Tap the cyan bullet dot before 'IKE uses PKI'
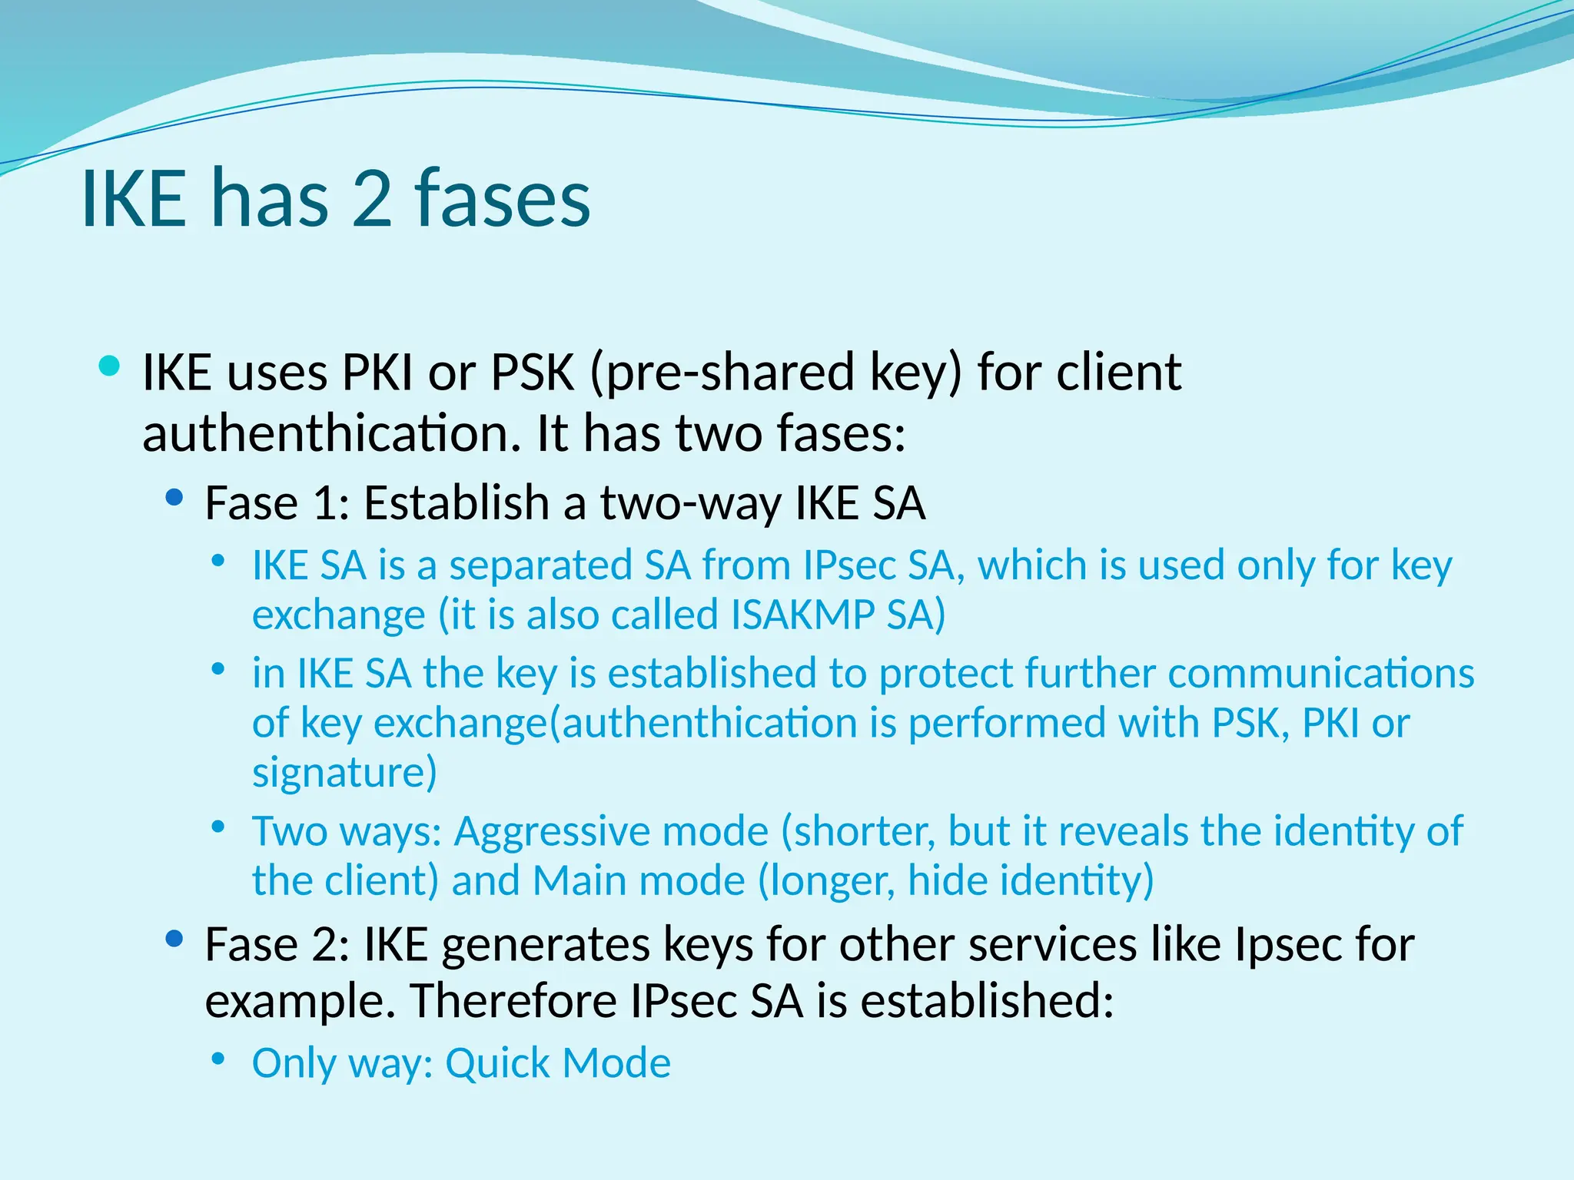[x=110, y=366]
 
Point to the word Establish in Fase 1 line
[x=457, y=503]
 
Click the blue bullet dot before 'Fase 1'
[x=174, y=498]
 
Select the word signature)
[x=344, y=773]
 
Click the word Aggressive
[x=611, y=831]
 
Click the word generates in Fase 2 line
[x=546, y=945]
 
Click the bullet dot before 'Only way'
[x=218, y=1059]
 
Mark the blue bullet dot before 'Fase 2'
[x=174, y=939]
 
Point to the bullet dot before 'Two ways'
[x=218, y=827]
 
